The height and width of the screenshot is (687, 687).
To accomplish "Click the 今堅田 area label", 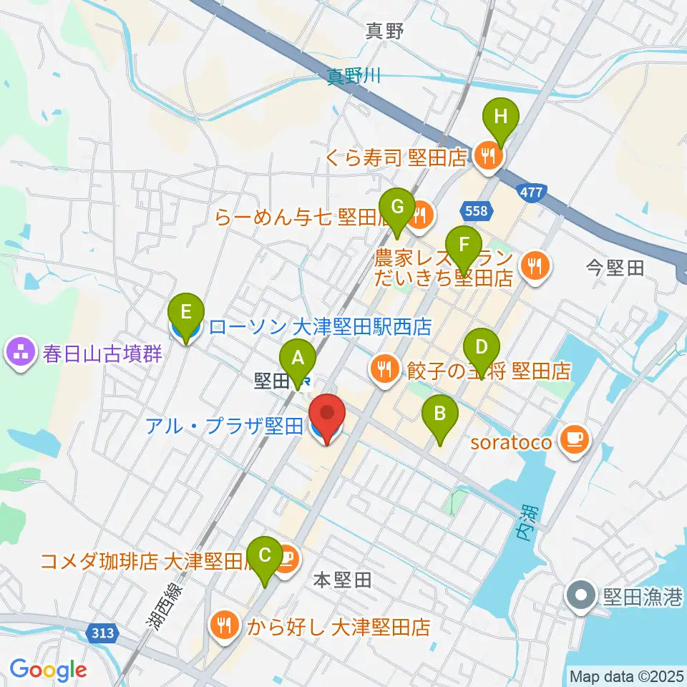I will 615,268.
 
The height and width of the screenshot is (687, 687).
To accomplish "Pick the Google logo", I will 48,670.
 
